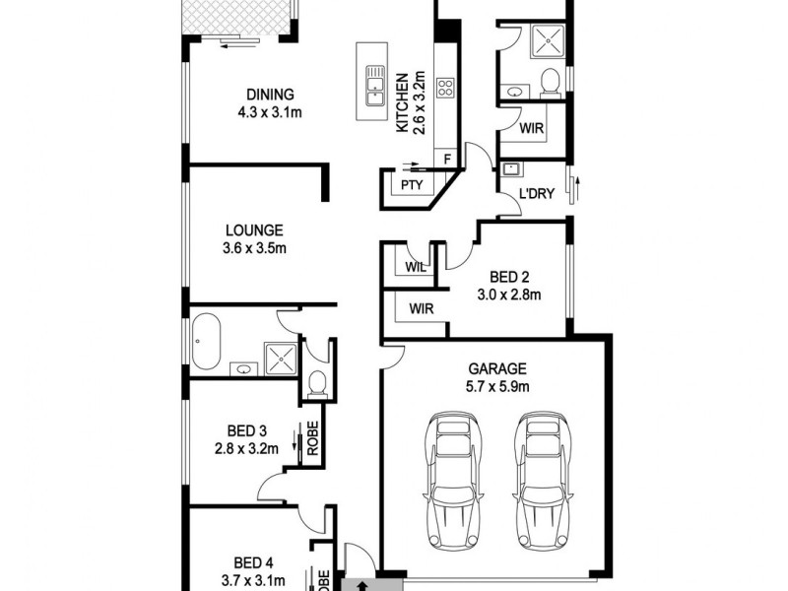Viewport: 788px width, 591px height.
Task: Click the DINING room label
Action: click(270, 95)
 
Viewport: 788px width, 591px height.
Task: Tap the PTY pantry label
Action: click(410, 185)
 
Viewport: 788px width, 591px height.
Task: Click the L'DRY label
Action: click(536, 194)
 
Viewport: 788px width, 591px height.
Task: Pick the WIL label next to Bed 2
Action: click(413, 265)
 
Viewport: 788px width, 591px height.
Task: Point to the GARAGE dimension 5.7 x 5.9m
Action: click(497, 387)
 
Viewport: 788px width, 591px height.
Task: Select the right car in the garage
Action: click(539, 480)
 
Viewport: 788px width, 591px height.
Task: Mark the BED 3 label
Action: click(247, 430)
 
